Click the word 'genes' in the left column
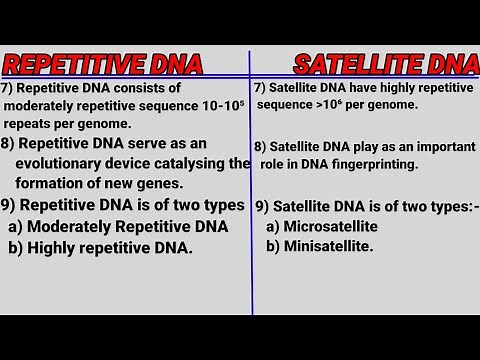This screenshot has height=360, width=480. pyautogui.click(x=159, y=183)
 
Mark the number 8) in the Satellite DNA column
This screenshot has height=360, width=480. pyautogui.click(x=261, y=146)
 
